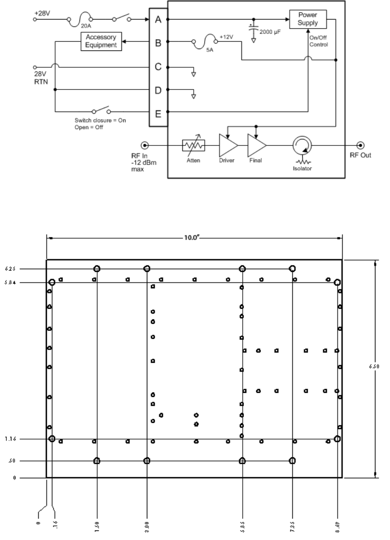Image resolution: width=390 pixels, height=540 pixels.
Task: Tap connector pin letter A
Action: tap(158, 20)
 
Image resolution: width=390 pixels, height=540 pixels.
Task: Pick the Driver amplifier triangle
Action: tap(228, 145)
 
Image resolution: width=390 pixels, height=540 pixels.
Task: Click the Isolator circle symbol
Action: tap(300, 145)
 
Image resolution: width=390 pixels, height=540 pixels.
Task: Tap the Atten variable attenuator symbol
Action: tap(194, 145)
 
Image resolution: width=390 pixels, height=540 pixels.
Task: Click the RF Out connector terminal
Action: tap(361, 145)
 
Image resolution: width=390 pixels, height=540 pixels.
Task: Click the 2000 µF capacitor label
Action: tap(271, 33)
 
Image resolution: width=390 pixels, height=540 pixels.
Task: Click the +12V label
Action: tap(226, 36)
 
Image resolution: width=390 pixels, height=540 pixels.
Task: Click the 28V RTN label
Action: tap(42, 76)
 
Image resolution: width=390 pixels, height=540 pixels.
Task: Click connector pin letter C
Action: tap(158, 67)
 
